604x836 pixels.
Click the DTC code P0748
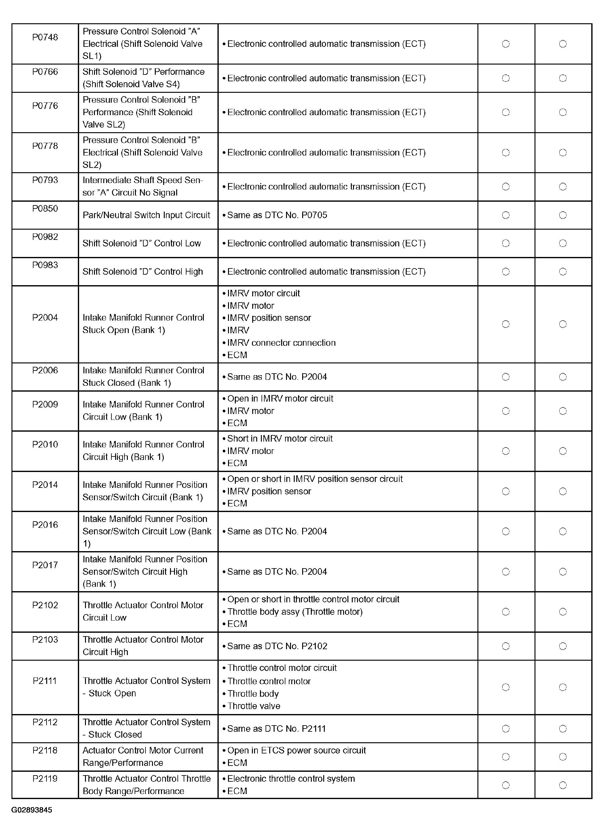(x=45, y=37)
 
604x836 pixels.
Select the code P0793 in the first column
(x=45, y=180)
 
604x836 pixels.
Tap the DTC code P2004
(x=45, y=317)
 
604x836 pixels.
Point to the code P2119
(x=45, y=779)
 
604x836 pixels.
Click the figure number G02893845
(x=32, y=810)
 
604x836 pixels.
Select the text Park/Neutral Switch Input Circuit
(x=146, y=215)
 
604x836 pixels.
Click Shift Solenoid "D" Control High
(x=143, y=272)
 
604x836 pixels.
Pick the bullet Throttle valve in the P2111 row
(x=253, y=706)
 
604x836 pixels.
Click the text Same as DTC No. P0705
(x=277, y=215)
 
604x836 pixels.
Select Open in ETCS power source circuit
(x=296, y=750)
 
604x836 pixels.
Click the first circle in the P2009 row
(x=506, y=411)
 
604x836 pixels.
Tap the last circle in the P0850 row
(x=563, y=215)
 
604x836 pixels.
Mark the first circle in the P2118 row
(x=506, y=757)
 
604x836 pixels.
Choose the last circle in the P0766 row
(x=563, y=78)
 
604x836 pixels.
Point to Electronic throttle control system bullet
(x=291, y=779)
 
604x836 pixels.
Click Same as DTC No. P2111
(x=276, y=728)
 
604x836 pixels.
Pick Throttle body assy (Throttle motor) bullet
(x=295, y=612)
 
